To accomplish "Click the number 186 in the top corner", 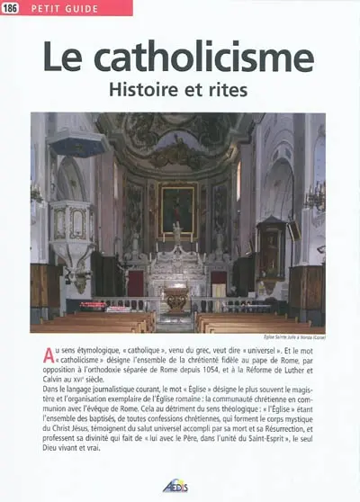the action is (11, 8).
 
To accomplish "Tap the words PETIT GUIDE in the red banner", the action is (57, 8).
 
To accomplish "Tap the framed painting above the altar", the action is (177, 211).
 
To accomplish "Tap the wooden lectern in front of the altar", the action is (177, 300).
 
